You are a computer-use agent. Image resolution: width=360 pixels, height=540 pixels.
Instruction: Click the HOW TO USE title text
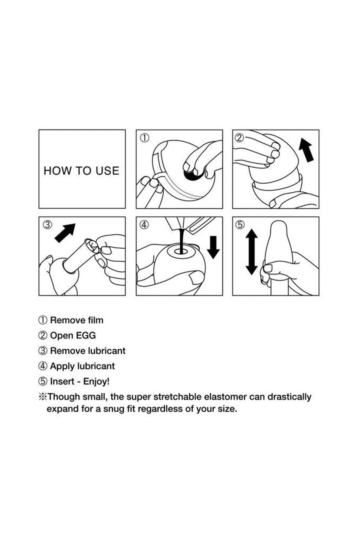pyautogui.click(x=82, y=171)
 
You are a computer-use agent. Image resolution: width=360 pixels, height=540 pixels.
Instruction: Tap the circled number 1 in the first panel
pyautogui.click(x=144, y=138)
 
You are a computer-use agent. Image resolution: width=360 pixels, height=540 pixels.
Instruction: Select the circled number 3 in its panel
pyautogui.click(x=47, y=225)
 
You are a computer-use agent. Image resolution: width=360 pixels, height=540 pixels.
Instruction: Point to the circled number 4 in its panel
pyautogui.click(x=144, y=225)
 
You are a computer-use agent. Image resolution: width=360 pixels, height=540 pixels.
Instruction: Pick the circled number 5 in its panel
pyautogui.click(x=240, y=225)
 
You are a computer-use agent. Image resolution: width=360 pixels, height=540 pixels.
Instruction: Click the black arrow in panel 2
pyautogui.click(x=306, y=151)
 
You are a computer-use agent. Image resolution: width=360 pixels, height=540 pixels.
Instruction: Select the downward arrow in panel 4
pyautogui.click(x=213, y=247)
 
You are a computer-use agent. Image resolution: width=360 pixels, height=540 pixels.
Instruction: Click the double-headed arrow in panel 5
pyautogui.click(x=252, y=252)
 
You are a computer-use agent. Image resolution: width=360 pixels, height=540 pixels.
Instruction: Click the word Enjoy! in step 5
pyautogui.click(x=96, y=382)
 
